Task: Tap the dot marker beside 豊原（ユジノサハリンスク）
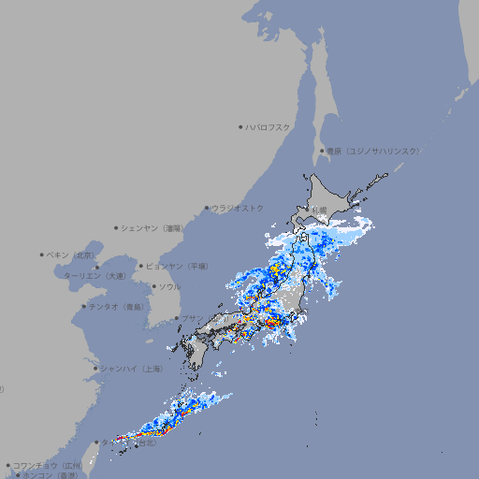point(321,151)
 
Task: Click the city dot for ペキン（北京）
point(42,254)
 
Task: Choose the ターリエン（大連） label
point(94,276)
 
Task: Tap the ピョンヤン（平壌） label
point(177,266)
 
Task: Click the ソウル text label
point(169,286)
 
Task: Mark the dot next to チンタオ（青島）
point(84,307)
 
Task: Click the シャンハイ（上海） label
point(132,369)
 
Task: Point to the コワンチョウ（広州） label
point(48,465)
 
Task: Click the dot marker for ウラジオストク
point(207,208)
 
